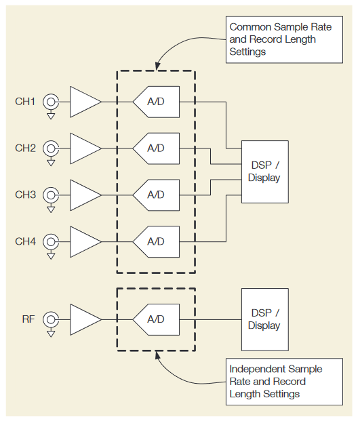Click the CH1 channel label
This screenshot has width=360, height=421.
(25, 102)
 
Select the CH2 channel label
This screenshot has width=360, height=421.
(25, 148)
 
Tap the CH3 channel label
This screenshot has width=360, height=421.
(25, 195)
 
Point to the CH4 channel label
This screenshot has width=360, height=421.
(25, 241)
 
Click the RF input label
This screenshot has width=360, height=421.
(28, 319)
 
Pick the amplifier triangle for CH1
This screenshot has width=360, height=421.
(84, 102)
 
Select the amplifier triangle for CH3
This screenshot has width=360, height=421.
(84, 195)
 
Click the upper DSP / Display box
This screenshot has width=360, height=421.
(264, 172)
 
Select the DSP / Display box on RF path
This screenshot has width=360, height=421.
(264, 319)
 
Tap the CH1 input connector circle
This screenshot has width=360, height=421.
(51, 102)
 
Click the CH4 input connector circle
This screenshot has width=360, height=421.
(51, 241)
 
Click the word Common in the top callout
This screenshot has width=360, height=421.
(248, 28)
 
